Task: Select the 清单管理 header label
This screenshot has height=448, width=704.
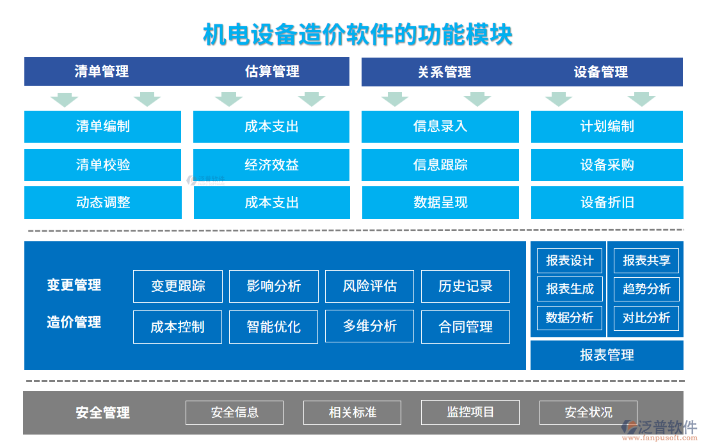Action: [x=102, y=72]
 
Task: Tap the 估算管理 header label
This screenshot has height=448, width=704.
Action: [x=272, y=72]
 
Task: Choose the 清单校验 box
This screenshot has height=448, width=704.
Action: [x=103, y=165]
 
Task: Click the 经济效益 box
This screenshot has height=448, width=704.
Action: [x=271, y=165]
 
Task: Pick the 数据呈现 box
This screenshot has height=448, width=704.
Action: [x=440, y=203]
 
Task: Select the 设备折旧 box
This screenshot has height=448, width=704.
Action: [x=607, y=203]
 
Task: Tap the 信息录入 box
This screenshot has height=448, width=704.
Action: [x=440, y=127]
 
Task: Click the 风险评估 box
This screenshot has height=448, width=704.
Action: [x=369, y=286]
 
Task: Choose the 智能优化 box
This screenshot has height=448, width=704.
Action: [x=273, y=327]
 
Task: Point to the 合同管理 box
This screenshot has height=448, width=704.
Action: [x=465, y=327]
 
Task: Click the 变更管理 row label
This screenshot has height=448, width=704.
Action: [x=74, y=285]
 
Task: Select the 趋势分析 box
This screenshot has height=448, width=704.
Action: [x=646, y=289]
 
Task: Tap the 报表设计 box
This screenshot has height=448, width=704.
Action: [x=570, y=261]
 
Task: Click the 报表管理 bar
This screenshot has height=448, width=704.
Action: [x=607, y=355]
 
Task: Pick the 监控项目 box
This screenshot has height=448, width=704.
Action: [x=470, y=413]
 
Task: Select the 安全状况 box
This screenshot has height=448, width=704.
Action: [x=588, y=413]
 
